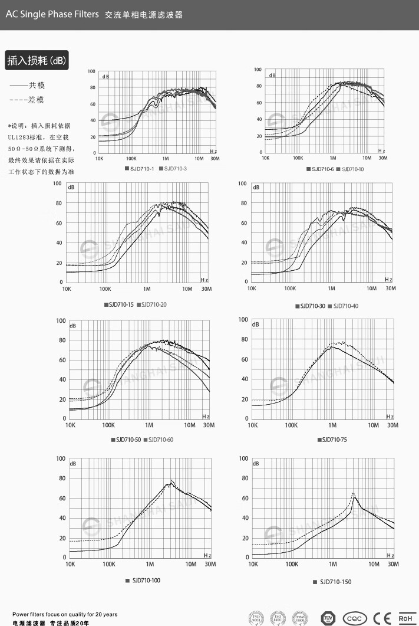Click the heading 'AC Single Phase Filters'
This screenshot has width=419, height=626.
tap(52, 15)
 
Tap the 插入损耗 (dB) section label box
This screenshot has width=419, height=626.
tap(37, 60)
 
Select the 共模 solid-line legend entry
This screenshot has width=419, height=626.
tap(27, 86)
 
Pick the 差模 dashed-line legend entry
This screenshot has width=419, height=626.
tap(27, 100)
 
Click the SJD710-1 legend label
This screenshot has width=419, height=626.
tap(143, 169)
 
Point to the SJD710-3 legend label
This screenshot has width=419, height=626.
tap(176, 169)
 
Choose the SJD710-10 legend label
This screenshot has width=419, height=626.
tap(353, 169)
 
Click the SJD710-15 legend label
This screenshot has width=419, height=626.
tap(121, 304)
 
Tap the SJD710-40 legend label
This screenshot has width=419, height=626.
tap(346, 306)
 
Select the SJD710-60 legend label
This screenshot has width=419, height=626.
tap(161, 440)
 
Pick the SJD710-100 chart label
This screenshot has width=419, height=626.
tap(146, 581)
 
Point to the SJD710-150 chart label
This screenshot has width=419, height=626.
tap(335, 582)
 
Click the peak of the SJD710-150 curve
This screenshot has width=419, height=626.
tap(353, 493)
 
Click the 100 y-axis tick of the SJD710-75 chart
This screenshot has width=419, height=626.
tap(243, 320)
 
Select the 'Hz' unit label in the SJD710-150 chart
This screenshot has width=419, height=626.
tap(390, 555)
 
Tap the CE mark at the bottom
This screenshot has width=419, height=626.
tap(380, 618)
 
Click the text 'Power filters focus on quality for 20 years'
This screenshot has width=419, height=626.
tap(65, 615)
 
